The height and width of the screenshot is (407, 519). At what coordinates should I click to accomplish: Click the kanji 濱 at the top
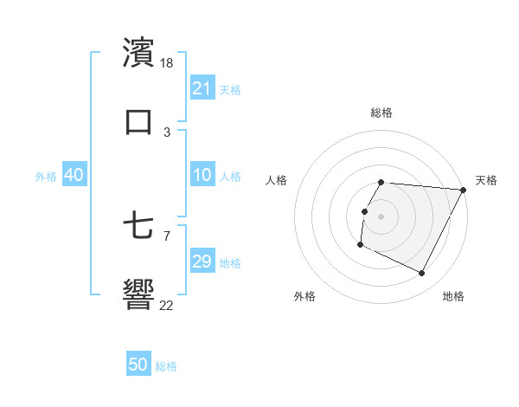138,53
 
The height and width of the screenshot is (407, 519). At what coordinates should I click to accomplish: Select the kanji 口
138,121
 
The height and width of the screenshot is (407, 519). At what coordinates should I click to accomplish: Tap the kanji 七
138,226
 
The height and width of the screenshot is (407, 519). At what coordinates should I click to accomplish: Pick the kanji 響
138,294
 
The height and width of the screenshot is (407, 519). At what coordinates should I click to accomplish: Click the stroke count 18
168,63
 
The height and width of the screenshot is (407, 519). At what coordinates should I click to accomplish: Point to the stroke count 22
167,305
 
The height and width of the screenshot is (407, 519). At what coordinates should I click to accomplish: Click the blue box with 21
202,88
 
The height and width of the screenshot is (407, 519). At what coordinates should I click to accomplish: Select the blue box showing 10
202,175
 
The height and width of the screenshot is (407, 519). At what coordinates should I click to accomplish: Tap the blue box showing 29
202,262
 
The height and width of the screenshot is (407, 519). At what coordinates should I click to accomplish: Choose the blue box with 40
74,175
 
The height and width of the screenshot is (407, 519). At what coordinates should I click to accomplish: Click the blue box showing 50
138,365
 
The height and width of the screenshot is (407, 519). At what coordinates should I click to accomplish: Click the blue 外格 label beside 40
46,177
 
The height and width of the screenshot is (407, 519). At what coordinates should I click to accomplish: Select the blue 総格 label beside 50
167,366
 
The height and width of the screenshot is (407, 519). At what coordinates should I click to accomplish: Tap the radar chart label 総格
381,113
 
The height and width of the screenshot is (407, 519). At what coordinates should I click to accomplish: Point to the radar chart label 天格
486,180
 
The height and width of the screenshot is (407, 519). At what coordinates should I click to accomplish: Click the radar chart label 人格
277,180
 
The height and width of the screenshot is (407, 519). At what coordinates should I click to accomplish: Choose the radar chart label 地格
453,296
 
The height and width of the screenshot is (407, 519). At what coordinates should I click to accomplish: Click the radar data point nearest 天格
464,190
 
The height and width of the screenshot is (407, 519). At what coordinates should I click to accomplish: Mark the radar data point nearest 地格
422,274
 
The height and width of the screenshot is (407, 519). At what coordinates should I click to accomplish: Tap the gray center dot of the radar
381,216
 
